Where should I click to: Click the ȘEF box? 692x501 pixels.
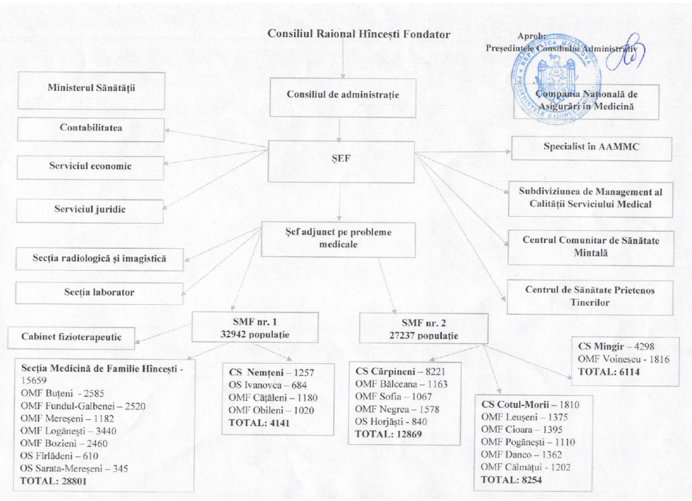pos(341,162)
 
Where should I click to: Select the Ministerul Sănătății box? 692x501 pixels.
pos(91,90)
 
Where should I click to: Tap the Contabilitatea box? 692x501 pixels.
pos(91,128)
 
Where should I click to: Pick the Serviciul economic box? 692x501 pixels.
pos(91,167)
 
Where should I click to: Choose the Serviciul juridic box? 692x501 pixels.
pos(90,210)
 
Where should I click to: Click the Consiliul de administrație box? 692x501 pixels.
pos(343,95)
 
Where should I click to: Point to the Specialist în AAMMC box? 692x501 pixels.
pos(591,148)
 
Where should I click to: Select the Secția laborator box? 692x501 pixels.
pos(99,293)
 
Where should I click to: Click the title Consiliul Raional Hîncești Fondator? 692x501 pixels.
pos(359,34)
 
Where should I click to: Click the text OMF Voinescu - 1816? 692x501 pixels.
pos(624,359)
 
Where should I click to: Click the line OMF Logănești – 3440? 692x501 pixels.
pos(64,431)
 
